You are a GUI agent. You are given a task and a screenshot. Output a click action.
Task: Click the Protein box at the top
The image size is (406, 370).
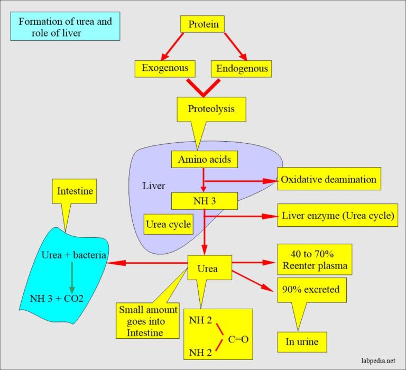[x=203, y=24]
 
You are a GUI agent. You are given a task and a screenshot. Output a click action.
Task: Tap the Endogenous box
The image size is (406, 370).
[x=242, y=68]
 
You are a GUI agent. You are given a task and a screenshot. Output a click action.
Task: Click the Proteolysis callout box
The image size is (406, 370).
[x=211, y=109]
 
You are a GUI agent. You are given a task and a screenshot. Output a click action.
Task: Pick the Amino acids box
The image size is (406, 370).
[x=204, y=159]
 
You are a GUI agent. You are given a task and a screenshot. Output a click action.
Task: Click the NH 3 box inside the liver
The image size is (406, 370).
[x=204, y=201]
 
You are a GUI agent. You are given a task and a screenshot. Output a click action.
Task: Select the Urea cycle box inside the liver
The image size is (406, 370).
[x=168, y=224]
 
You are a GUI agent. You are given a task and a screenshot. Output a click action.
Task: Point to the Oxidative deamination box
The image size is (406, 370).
[x=328, y=179]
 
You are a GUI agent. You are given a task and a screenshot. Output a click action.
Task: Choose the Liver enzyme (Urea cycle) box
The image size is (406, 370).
[x=337, y=216]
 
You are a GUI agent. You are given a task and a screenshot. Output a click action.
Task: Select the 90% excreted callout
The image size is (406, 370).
[x=311, y=290]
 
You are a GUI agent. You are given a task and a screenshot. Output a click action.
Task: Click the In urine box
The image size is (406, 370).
[x=302, y=342]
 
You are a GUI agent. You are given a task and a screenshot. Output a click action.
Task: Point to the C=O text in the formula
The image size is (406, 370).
[x=238, y=339]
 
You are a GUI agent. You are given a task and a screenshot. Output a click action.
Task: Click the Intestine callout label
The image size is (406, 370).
[x=75, y=191]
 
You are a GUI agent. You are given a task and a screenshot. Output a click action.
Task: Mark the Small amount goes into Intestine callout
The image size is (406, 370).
[x=141, y=321]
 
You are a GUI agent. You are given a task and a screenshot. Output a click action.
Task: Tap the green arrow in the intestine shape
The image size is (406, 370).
[x=71, y=278]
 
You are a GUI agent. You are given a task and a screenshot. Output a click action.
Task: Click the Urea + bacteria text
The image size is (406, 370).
[x=73, y=256]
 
